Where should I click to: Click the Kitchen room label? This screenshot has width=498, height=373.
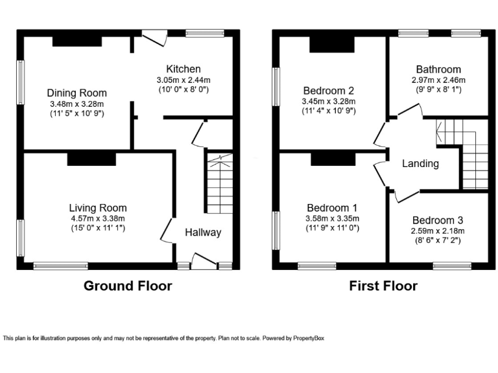pos(184,69)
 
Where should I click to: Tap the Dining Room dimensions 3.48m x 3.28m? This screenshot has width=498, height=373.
pos(77,104)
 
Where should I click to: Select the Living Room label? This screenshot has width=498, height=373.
pos(98,208)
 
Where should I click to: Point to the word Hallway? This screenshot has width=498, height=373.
pos(203,232)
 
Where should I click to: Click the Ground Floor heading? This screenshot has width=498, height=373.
pos(128,286)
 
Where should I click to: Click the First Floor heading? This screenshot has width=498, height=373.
pos(383,286)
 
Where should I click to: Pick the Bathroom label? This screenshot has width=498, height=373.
pos(438,69)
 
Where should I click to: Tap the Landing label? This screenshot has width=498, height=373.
pos(420,164)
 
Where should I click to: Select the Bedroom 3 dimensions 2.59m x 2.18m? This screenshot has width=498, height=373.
pos(438,231)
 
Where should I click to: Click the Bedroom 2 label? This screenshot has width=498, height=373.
pos(328,91)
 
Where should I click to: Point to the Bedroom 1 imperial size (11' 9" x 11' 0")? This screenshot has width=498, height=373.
pos(332,228)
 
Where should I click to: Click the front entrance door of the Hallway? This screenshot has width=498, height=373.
pos(204,261)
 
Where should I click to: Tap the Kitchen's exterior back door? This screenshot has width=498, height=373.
pos(154,38)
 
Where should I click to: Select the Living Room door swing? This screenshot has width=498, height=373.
pos(167,230)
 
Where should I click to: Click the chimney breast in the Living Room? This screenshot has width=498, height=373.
pos(91,159)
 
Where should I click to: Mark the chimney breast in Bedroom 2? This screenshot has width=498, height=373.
pos(332,45)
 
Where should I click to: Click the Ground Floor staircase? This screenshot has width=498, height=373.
pos(220,184)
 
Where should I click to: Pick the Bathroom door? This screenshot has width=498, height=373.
pos(410,109)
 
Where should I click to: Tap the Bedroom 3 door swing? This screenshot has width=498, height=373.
pos(407,196)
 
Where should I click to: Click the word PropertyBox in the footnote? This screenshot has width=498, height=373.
pos(309,338)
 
